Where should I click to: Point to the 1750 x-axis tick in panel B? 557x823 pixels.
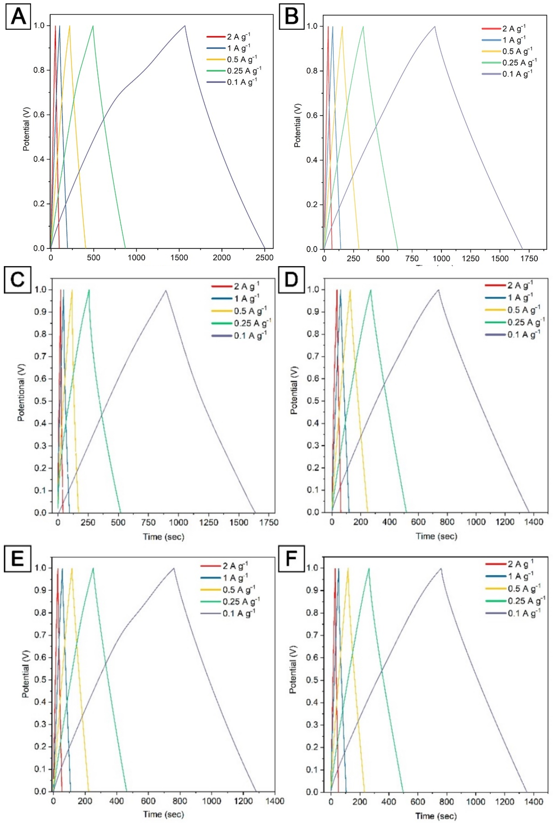[x=529, y=259]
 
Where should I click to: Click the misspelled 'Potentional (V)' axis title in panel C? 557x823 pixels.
[x=21, y=392]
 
